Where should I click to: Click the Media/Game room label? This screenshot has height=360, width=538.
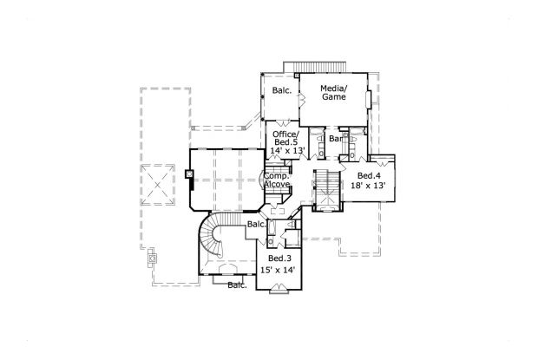click(x=333, y=93)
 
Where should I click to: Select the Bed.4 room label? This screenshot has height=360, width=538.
click(x=368, y=174)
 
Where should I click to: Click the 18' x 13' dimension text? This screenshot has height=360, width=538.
click(x=368, y=186)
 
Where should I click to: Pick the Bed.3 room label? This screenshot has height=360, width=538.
click(x=279, y=259)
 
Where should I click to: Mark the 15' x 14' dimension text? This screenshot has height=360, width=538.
click(x=279, y=271)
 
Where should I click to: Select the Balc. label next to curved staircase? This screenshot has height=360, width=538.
click(x=255, y=225)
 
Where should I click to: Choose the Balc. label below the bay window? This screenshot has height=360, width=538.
click(x=237, y=285)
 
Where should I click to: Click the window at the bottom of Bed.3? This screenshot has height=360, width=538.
click(x=279, y=294)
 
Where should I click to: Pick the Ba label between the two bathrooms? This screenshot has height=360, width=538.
click(x=334, y=139)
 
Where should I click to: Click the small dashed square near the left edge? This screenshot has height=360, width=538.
click(x=153, y=259)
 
